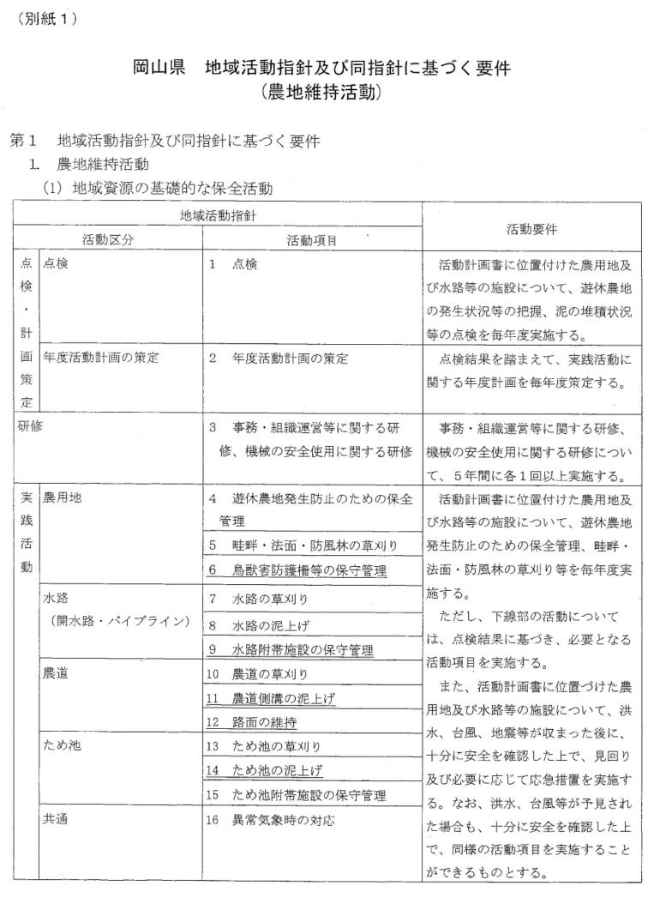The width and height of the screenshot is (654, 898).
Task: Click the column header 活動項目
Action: (x=312, y=241)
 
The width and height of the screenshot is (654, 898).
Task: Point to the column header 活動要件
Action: (x=531, y=229)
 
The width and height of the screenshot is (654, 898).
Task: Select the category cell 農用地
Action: (x=62, y=497)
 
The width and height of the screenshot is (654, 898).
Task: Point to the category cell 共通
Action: (x=55, y=821)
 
